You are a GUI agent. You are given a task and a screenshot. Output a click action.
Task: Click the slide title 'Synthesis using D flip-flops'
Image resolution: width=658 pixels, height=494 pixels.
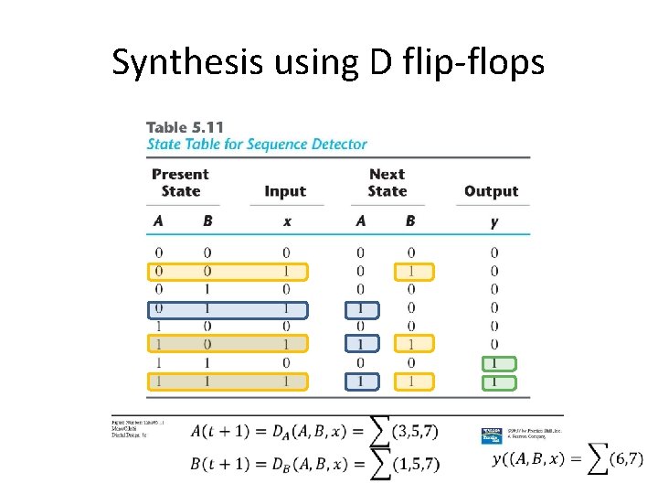[x=328, y=62]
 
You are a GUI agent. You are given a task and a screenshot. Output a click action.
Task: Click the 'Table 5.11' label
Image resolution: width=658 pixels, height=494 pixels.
[x=185, y=127]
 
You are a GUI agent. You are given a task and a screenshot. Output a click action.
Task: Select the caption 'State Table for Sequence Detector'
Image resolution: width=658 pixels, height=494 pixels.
[x=257, y=144]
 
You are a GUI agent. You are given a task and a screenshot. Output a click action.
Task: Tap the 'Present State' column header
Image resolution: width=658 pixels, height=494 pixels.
[x=180, y=182]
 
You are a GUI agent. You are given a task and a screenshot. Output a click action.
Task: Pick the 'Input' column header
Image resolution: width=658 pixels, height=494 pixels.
[x=285, y=191]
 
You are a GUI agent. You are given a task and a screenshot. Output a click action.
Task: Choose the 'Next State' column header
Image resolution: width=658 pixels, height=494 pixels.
[x=387, y=182]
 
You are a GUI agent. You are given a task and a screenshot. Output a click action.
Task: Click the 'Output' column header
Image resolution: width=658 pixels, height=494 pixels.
[x=491, y=191]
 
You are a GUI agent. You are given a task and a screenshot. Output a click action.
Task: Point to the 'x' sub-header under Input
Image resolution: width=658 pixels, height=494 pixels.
[x=286, y=220]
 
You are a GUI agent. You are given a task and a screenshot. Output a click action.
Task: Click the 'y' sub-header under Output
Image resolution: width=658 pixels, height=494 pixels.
[x=493, y=220]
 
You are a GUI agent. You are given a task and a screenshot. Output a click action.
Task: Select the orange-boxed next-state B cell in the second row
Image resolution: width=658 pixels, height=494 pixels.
[x=410, y=272]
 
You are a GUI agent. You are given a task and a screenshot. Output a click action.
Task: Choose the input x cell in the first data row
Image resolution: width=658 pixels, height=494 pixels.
[x=286, y=253]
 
